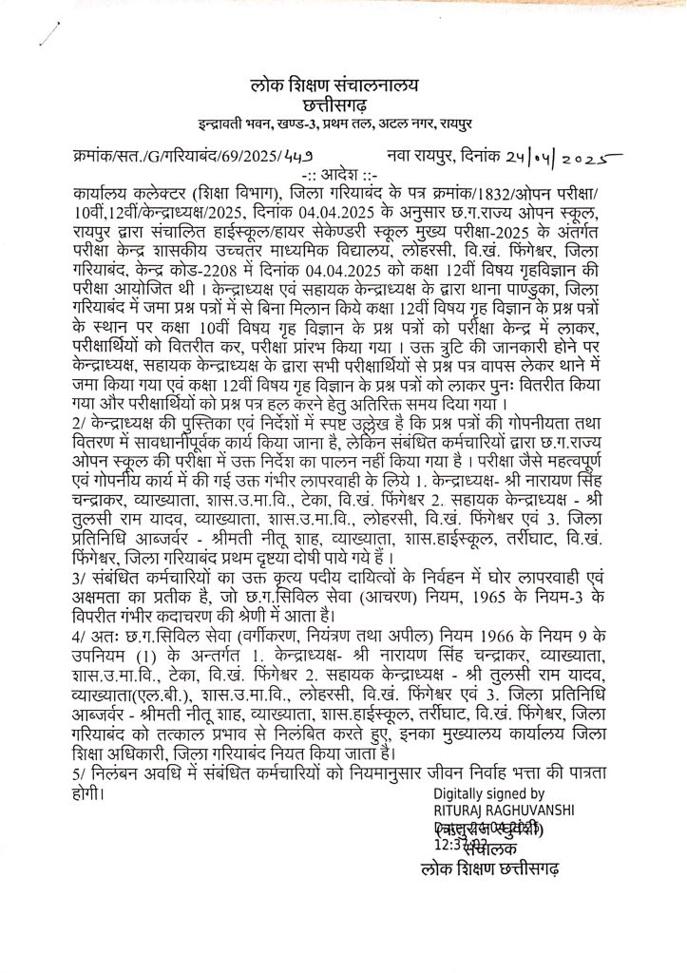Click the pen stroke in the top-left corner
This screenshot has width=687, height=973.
point(40,29)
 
